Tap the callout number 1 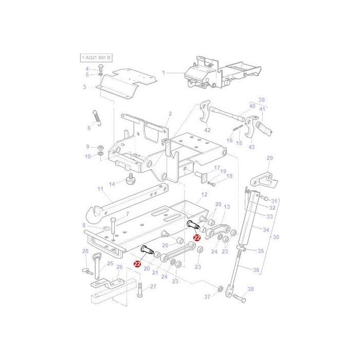[164, 73]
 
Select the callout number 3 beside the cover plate [84, 87]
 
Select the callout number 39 [261, 100]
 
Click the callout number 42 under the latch [207, 130]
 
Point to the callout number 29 [270, 158]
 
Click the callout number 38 [250, 290]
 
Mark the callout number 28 [85, 251]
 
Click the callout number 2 [170, 114]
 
